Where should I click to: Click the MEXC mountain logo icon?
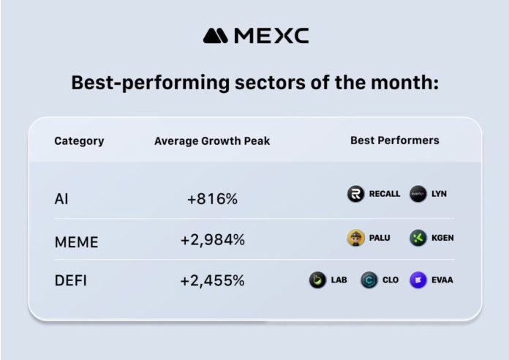pos(216,35)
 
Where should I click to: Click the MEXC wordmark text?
pos(271,35)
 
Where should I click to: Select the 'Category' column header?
pos(79,140)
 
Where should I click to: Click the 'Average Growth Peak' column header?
pos(212,140)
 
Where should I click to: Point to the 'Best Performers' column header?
pos(395,140)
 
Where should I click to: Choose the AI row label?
pos(61,199)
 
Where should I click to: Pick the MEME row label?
pos(76,240)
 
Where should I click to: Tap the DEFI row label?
pos(71,280)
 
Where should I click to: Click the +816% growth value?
pos(212,199)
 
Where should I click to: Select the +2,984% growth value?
pos(212,240)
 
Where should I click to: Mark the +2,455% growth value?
pos(212,280)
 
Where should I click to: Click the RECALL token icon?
pos(355,194)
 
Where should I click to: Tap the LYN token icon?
pos(418,194)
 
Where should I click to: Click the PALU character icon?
pos(355,238)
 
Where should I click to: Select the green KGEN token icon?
pos(418,238)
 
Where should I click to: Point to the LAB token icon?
pos(317,280)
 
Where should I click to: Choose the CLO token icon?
pos(369,280)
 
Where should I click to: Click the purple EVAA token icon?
pos(418,280)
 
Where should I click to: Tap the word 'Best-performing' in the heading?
pos(129,83)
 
